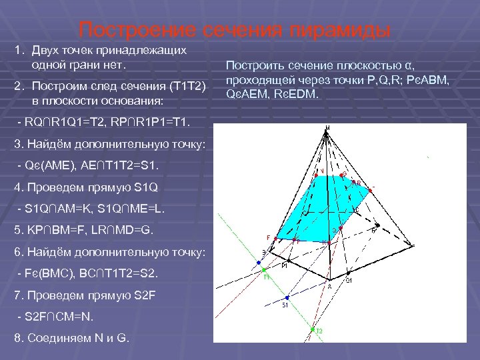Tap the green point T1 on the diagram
click(x=265, y=270)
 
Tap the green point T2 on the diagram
click(x=312, y=329)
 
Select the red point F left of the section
click(x=273, y=237)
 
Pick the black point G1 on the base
click(x=345, y=275)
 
